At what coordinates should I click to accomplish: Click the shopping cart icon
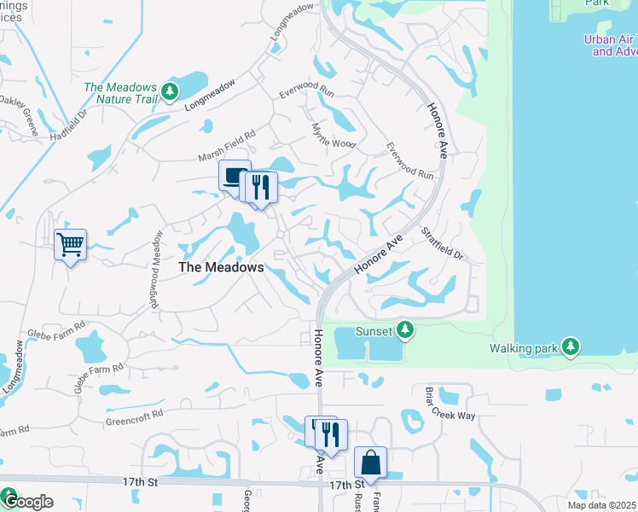70,245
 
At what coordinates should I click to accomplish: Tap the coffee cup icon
234,177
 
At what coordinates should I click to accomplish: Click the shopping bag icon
371,463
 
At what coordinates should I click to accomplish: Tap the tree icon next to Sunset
406,329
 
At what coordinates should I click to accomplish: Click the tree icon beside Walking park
570,346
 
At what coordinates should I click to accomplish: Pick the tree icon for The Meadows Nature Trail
171,91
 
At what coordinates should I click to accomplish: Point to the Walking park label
523,348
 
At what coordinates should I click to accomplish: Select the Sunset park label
374,331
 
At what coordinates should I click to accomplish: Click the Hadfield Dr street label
69,125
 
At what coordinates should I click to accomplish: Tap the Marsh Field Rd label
227,143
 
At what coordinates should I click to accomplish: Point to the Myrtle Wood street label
333,135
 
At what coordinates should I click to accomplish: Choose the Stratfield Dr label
441,244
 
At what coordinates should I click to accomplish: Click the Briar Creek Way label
449,403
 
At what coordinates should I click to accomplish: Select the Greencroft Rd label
134,417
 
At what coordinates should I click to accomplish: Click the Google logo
27,502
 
